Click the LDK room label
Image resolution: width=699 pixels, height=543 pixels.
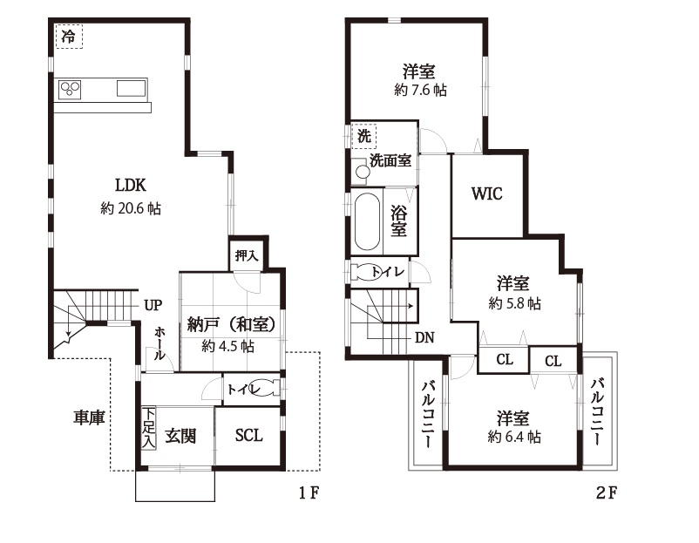click(131, 185)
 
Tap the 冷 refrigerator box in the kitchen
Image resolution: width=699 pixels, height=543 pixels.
click(69, 37)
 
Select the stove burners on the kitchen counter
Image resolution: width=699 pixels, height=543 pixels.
click(70, 89)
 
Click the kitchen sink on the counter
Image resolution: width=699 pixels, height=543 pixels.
click(131, 88)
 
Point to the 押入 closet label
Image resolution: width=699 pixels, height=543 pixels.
click(247, 255)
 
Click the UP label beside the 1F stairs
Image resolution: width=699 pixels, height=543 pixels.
click(153, 305)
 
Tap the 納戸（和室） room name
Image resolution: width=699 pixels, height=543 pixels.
click(230, 325)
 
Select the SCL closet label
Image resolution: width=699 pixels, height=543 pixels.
click(248, 435)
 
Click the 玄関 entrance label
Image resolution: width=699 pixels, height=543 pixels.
click(180, 436)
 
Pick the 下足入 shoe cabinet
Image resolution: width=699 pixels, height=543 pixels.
click(149, 428)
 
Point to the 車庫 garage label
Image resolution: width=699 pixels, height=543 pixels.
click(89, 417)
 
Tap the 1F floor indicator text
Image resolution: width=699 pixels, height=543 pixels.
click(309, 492)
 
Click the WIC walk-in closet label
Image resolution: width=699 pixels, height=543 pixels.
click(487, 193)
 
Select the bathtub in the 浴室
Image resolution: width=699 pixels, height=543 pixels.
click(367, 222)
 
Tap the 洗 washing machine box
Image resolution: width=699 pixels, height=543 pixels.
click(364, 136)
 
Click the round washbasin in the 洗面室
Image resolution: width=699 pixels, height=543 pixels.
click(363, 172)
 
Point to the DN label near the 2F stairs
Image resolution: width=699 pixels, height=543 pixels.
click(424, 338)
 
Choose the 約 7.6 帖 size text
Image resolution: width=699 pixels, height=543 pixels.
click(420, 90)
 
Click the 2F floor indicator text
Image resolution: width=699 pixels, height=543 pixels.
click(607, 492)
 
